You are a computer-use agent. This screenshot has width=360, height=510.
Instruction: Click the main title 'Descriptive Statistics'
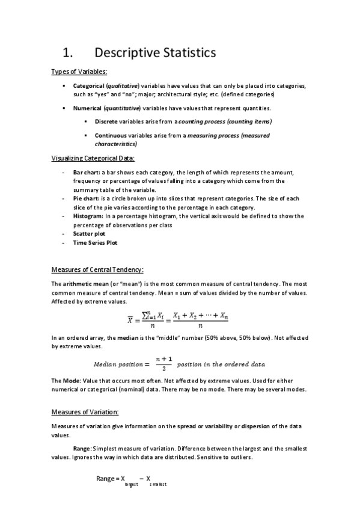(155, 53)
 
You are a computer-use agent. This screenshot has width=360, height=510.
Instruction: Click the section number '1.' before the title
(72, 53)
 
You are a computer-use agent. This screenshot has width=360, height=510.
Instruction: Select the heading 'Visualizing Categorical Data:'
(93, 158)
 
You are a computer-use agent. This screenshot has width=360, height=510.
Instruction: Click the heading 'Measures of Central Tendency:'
(97, 269)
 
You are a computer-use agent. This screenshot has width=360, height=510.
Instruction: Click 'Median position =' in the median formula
(120, 364)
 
